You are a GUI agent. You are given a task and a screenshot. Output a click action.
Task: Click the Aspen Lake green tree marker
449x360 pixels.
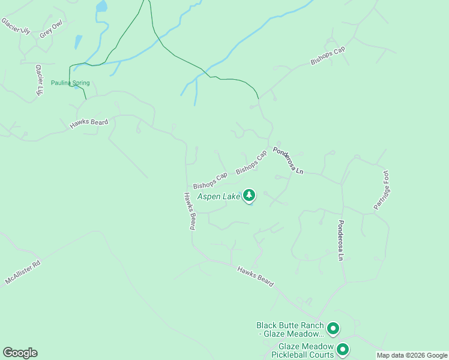point(249,196)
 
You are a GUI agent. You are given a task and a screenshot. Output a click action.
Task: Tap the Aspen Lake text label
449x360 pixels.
point(218,196)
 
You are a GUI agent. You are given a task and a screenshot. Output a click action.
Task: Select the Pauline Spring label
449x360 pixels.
point(70,83)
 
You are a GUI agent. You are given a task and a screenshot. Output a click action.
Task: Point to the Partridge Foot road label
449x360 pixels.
point(382,190)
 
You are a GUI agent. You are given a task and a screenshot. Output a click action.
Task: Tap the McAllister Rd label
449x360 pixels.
point(22,272)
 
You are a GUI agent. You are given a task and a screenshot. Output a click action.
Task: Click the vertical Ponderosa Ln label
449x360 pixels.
point(340,240)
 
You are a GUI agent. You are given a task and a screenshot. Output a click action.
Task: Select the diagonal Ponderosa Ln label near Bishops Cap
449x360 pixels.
point(288,161)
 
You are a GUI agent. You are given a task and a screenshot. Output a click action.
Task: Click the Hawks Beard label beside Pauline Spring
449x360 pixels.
point(89,123)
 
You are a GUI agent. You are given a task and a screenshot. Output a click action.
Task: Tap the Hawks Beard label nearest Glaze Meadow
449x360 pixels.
point(255,276)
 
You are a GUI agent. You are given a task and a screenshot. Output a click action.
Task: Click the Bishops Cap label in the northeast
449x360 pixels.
point(328,55)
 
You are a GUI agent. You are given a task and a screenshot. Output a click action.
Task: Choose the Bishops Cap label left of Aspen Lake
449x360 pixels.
point(210,181)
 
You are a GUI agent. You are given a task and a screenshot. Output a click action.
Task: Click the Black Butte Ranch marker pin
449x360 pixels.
point(333,329)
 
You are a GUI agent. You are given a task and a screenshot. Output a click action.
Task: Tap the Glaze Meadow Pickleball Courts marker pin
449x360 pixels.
point(343,349)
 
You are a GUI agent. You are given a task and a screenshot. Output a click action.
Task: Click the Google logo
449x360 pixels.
point(20,353)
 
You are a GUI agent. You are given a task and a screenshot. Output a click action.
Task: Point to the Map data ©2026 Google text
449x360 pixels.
point(412,355)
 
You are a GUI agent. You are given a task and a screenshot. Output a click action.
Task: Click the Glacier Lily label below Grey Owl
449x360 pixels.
point(40,80)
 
